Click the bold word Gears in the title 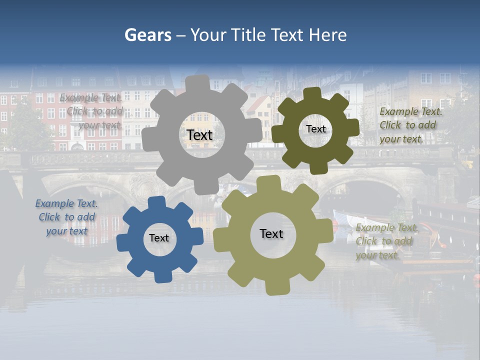pos(148,35)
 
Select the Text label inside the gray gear pos(199,135)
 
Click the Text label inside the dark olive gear pos(315,129)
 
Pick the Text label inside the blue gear pos(159,238)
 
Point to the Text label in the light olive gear pos(271,233)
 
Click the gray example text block pos(92,111)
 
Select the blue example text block pos(66,217)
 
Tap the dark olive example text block pos(409,125)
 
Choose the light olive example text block pos(386,241)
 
